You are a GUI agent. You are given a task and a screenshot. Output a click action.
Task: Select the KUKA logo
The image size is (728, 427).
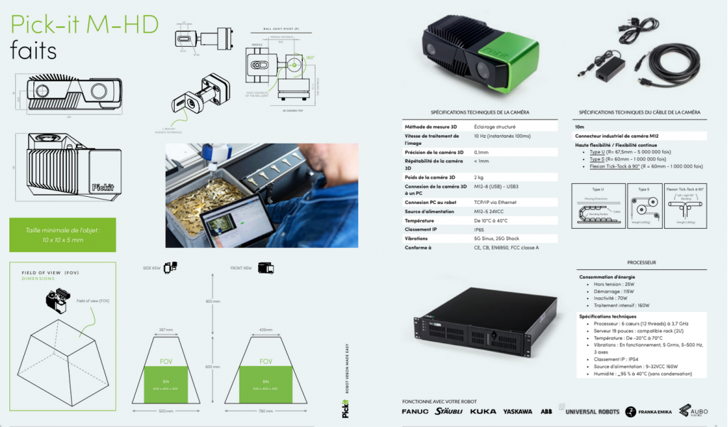pos(483,411)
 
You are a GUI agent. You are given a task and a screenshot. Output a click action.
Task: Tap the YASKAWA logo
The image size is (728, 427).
pos(518,411)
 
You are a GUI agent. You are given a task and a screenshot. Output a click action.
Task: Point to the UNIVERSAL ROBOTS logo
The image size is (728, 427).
pos(590,411)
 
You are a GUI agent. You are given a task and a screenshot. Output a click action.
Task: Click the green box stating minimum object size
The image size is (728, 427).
pos(63,235)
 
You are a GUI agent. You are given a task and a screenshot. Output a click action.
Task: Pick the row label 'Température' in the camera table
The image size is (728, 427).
pos(420,220)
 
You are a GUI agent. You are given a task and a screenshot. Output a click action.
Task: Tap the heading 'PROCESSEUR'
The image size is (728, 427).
pos(641,262)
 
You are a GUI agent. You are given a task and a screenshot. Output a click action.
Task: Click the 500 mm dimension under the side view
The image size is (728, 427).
pos(166,411)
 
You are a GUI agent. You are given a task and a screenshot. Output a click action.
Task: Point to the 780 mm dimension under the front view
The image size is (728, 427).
pos(265,411)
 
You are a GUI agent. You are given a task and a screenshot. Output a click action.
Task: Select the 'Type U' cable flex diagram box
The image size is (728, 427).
pos(598,205)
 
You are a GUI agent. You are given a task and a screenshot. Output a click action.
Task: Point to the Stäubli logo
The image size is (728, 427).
pos(449,411)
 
